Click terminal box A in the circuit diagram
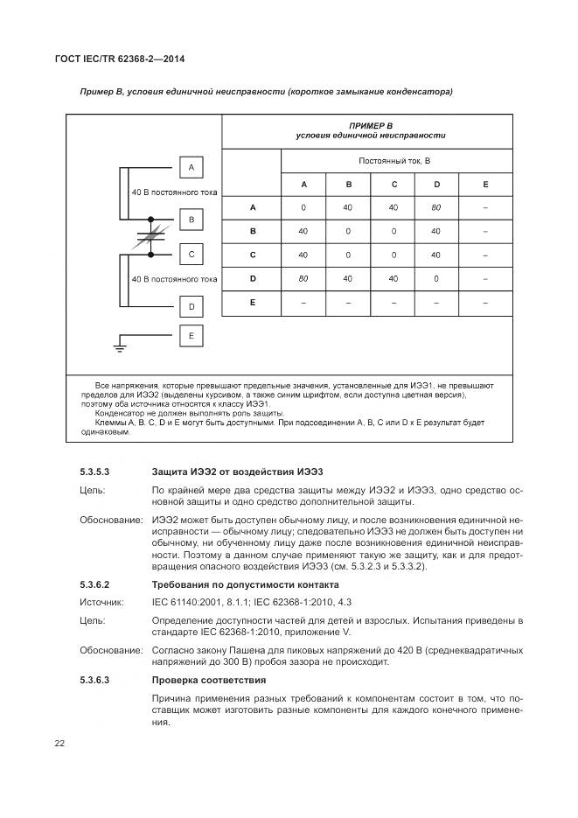tap(191, 168)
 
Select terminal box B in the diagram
tap(191, 220)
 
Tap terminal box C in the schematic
tap(191, 255)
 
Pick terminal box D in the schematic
tap(191, 307)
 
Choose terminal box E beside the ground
tap(191, 335)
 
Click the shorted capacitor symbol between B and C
tap(151, 236)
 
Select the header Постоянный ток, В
tap(394, 161)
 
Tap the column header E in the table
tap(485, 185)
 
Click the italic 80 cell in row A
tap(436, 208)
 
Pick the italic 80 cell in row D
tap(303, 279)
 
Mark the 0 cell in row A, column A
tap(303, 208)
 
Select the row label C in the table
tap(253, 255)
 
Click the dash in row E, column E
tap(485, 303)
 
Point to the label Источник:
tap(102, 602)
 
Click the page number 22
tap(59, 743)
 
